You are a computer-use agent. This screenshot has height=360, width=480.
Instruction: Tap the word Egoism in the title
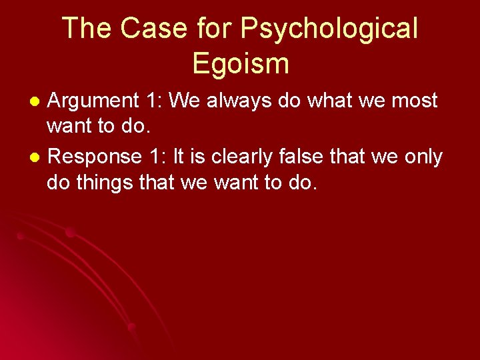(241, 63)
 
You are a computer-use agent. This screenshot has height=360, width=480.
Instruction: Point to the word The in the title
(84, 29)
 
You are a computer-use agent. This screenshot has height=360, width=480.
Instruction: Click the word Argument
(93, 101)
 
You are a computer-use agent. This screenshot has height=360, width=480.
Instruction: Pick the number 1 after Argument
(151, 101)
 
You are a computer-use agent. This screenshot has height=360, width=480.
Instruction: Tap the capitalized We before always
(183, 101)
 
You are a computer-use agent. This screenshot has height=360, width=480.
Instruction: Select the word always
(233, 101)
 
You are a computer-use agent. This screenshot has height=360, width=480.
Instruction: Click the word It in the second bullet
(179, 157)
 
